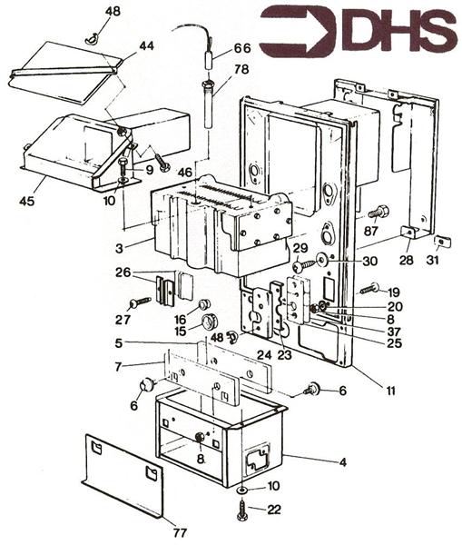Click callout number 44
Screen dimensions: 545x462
[x=146, y=45]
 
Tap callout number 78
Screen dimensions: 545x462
[x=242, y=70]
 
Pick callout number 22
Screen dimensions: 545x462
[x=273, y=508]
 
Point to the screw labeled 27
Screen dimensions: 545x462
[x=142, y=302]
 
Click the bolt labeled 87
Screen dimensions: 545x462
[x=380, y=213]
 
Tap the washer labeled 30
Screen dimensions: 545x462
[x=319, y=261]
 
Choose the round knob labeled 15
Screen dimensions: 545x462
[x=211, y=322]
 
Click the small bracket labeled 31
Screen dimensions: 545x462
[x=440, y=242]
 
